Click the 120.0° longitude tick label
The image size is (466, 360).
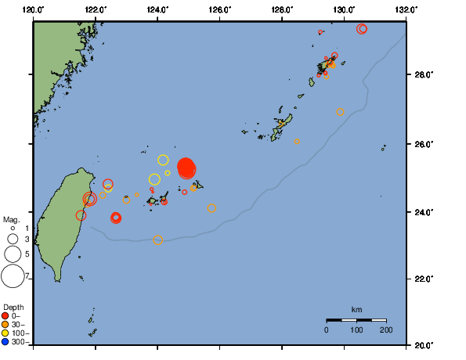click(x=34, y=9)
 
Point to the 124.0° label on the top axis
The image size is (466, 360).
click(x=157, y=9)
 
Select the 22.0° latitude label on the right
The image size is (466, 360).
click(x=422, y=279)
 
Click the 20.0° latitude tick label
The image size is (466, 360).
click(x=422, y=344)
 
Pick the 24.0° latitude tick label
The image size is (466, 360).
click(x=422, y=212)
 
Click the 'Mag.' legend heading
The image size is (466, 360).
click(x=11, y=220)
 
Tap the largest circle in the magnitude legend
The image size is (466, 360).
click(x=13, y=275)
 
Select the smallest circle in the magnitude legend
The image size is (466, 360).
click(x=13, y=228)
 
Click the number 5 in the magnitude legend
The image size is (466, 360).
click(x=27, y=254)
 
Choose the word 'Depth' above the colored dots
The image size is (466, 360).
click(x=13, y=306)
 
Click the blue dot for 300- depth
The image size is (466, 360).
click(x=5, y=341)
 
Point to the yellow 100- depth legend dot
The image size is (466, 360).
click(x=5, y=333)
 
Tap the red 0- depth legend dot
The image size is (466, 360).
click(x=5, y=315)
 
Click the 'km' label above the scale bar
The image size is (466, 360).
click(x=356, y=309)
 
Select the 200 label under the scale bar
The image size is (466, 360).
click(x=386, y=330)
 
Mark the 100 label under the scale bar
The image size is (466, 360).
click(x=356, y=330)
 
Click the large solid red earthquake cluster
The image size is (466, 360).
click(x=186, y=167)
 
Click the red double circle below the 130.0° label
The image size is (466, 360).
click(x=362, y=29)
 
